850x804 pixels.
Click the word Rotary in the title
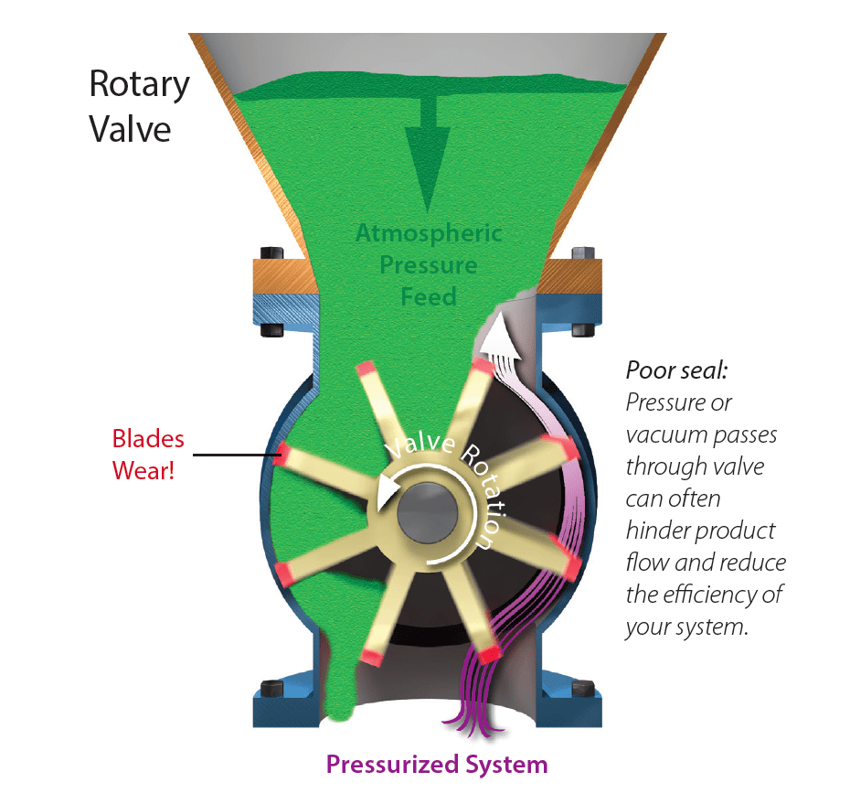pyautogui.click(x=139, y=84)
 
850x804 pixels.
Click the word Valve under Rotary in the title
pyautogui.click(x=130, y=127)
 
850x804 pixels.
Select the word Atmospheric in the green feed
pyautogui.click(x=429, y=233)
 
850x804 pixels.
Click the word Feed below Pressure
pyautogui.click(x=429, y=297)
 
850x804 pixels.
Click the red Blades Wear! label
pyautogui.click(x=148, y=455)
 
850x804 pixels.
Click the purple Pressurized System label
pyautogui.click(x=437, y=764)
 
